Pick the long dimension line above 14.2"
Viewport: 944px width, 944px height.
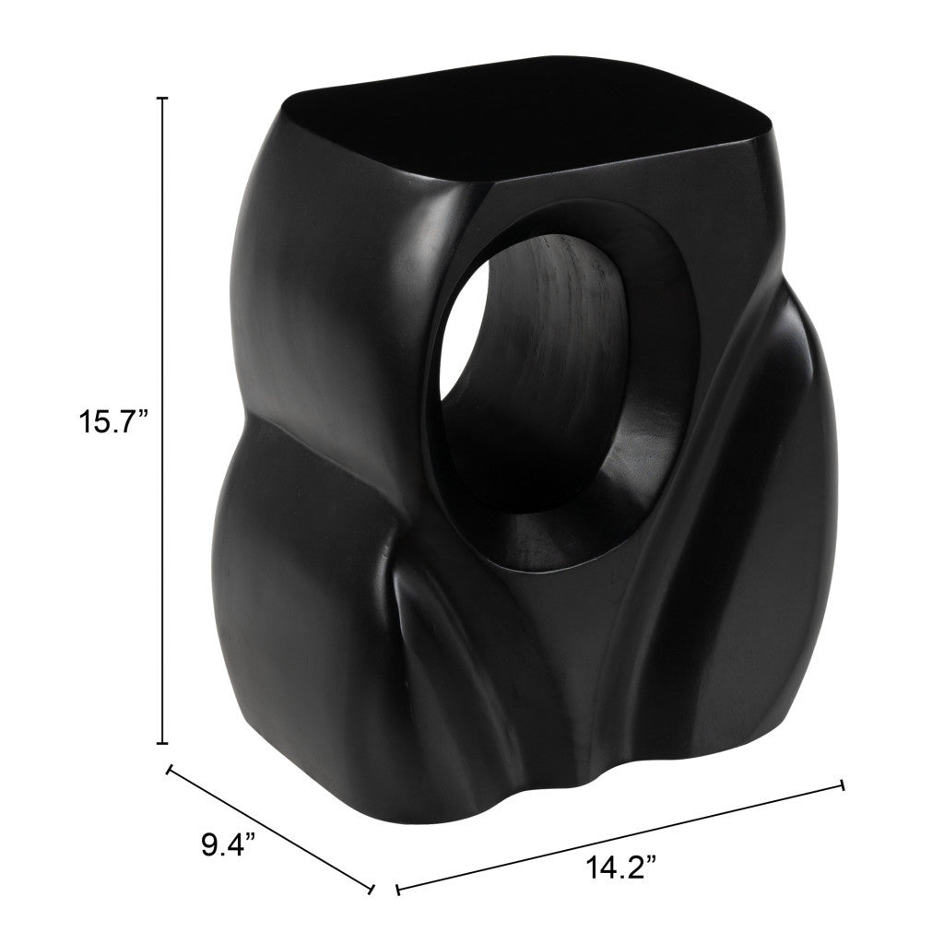point(619,839)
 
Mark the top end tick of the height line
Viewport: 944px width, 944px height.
point(164,98)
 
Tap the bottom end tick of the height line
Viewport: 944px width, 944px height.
point(164,742)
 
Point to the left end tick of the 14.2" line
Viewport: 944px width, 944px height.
point(397,891)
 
